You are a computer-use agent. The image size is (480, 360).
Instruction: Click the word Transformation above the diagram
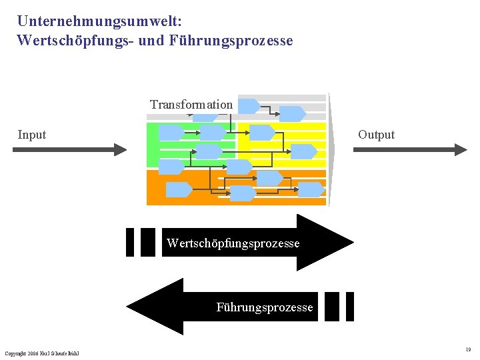click(191, 105)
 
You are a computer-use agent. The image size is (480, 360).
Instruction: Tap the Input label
click(32, 135)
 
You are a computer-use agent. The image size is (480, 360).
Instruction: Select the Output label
click(376, 135)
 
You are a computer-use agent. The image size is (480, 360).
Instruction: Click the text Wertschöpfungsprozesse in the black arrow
click(233, 243)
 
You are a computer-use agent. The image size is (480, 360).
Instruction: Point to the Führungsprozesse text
click(265, 307)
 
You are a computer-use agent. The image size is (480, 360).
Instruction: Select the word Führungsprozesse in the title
click(231, 41)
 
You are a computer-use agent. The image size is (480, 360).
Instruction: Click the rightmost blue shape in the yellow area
click(304, 151)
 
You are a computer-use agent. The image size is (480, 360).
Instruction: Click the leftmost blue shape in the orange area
click(178, 190)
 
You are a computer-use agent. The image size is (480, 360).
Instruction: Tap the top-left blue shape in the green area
click(171, 133)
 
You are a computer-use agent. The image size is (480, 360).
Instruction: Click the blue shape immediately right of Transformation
click(249, 106)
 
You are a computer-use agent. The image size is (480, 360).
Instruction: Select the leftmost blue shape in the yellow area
click(262, 133)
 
